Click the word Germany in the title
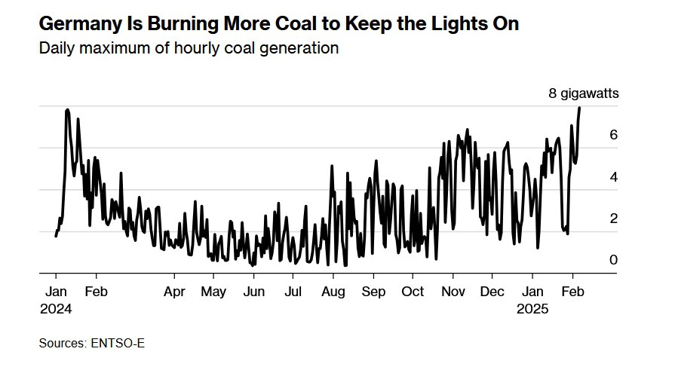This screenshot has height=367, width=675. (x=81, y=24)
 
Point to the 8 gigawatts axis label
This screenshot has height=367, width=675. (x=583, y=93)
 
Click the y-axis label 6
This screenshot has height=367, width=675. (x=613, y=135)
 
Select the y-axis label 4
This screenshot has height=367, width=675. (x=613, y=177)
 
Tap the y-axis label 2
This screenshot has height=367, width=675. (x=613, y=218)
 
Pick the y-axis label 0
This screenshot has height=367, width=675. (x=613, y=259)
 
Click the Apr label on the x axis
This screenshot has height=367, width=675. (x=174, y=292)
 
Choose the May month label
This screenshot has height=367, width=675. (x=213, y=292)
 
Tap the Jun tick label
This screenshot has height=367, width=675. (x=253, y=292)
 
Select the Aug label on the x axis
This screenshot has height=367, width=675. (x=333, y=292)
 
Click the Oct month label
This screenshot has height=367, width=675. (x=413, y=292)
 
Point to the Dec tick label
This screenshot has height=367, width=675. (x=492, y=292)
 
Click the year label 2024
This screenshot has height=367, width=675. (x=56, y=309)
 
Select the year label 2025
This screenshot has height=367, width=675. (x=532, y=309)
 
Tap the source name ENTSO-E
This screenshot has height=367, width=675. (x=118, y=344)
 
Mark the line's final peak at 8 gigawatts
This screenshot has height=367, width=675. (x=579, y=108)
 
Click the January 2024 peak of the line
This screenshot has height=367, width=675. (x=67, y=110)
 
